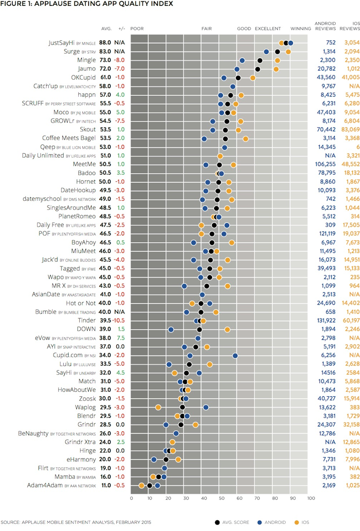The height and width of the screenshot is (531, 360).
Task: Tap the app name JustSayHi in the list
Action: (x=62, y=43)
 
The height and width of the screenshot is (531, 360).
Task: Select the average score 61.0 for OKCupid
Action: (x=105, y=78)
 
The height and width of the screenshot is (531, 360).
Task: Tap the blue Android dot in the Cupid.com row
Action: (x=235, y=355)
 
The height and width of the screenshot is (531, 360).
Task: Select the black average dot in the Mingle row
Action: (x=260, y=60)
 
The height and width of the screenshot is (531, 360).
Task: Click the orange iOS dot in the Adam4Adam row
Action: (x=142, y=485)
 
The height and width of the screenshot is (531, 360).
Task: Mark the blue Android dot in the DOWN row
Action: (x=171, y=330)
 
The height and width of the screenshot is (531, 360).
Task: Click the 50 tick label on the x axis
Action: (x=221, y=497)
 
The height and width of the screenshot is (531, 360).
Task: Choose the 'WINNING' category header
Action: (x=301, y=29)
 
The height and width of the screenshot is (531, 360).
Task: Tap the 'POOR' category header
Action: (x=137, y=29)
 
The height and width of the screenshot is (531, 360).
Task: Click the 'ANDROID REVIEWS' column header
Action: (x=325, y=26)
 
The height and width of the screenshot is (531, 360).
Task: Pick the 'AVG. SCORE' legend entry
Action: (x=234, y=523)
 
